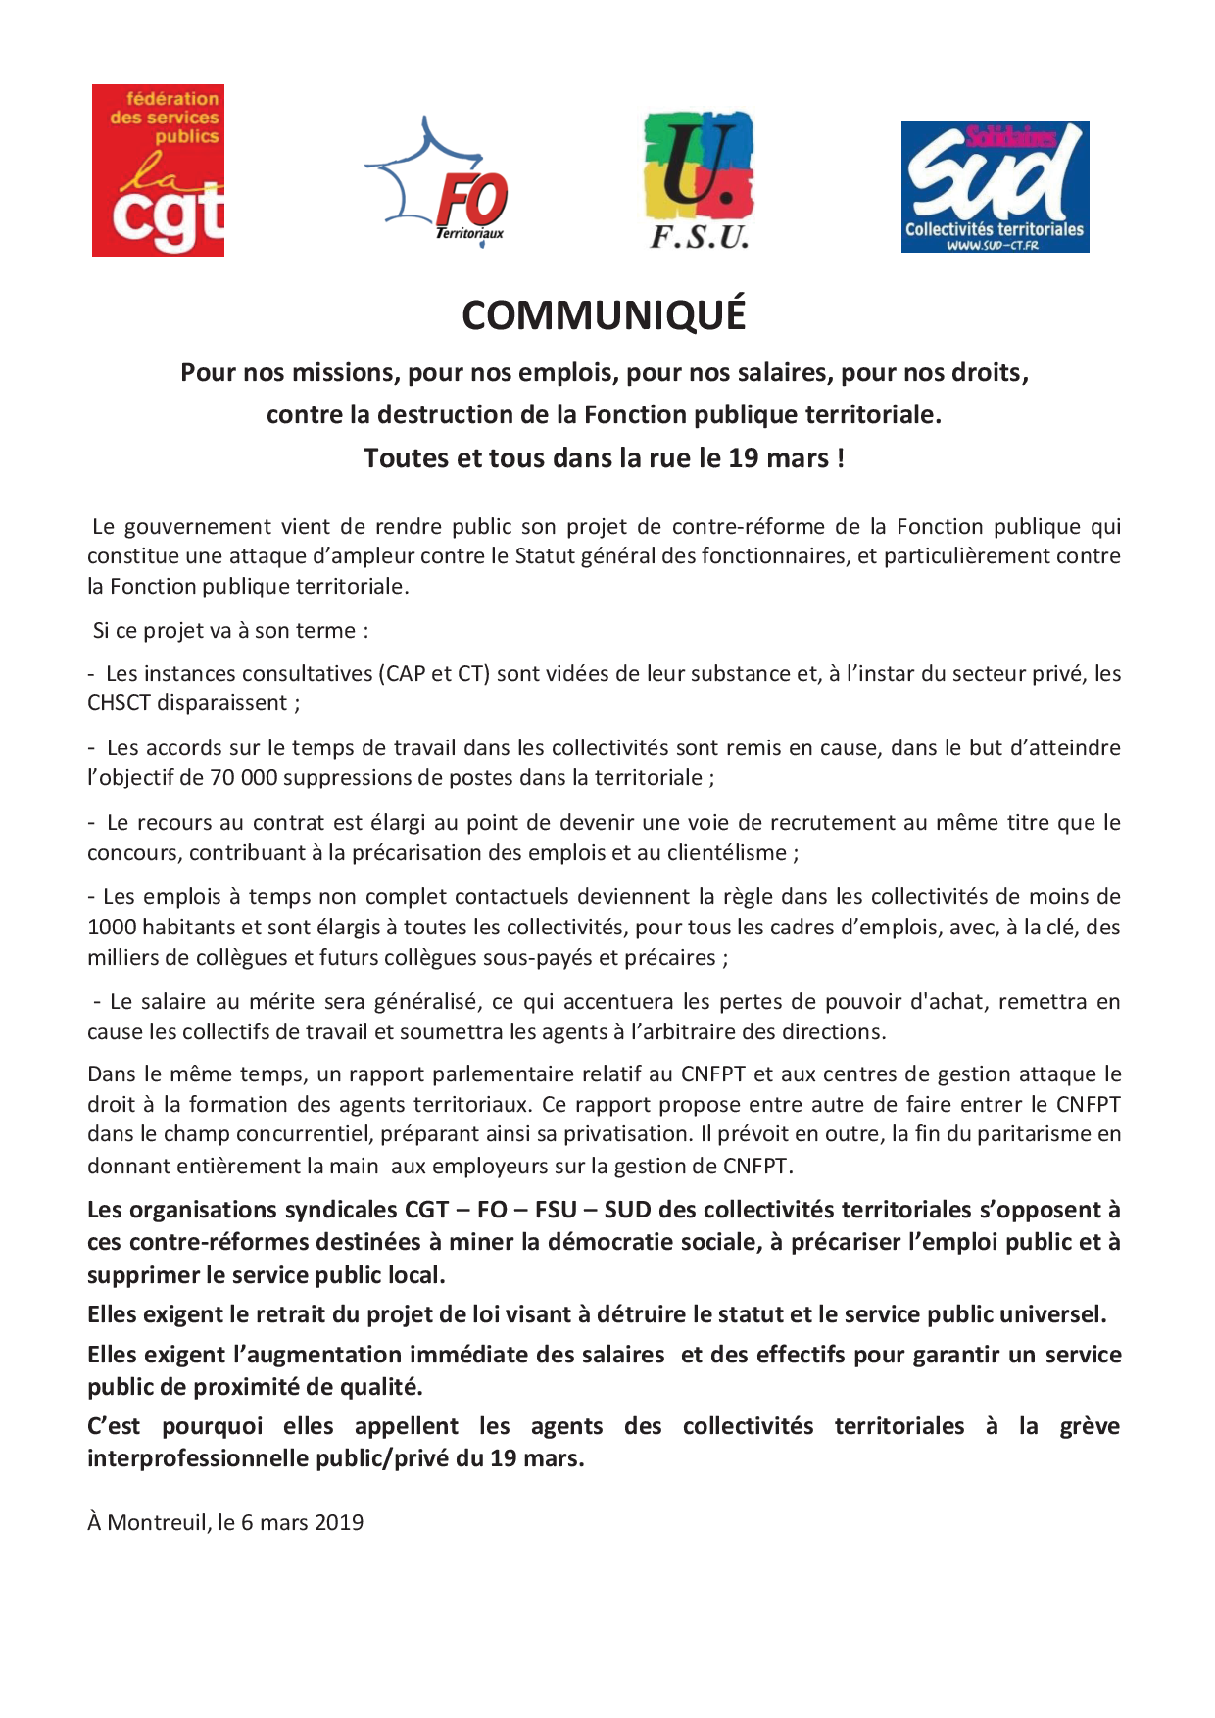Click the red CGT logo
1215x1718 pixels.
pyautogui.click(x=158, y=170)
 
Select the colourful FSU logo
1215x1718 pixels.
pyautogui.click(x=699, y=179)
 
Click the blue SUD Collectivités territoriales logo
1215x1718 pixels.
pyautogui.click(x=995, y=187)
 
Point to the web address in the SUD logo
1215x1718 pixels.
pyautogui.click(x=992, y=246)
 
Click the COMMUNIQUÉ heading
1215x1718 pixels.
pyautogui.click(x=604, y=315)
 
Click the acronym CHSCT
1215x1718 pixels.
pyautogui.click(x=121, y=703)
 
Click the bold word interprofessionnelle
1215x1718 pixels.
pyautogui.click(x=198, y=1458)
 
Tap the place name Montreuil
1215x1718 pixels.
pyautogui.click(x=158, y=1523)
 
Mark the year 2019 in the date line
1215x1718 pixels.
pyautogui.click(x=339, y=1523)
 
